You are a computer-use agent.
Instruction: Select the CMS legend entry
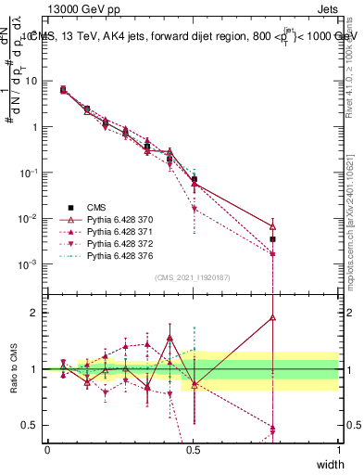(x=95, y=207)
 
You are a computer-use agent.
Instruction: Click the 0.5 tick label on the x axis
(x=193, y=449)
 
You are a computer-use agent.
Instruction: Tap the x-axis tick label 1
(x=338, y=449)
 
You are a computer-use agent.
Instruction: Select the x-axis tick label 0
(x=47, y=449)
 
